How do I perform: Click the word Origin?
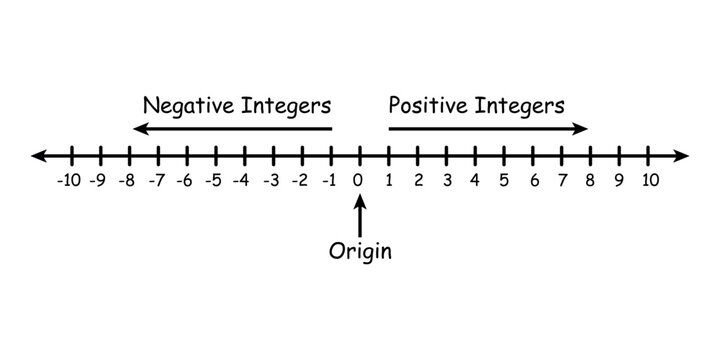point(360,250)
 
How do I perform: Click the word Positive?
point(426,105)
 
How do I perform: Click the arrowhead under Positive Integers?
point(583,129)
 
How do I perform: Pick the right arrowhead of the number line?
point(683,156)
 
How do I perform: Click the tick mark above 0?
point(360,156)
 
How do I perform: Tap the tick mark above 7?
point(563,156)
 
